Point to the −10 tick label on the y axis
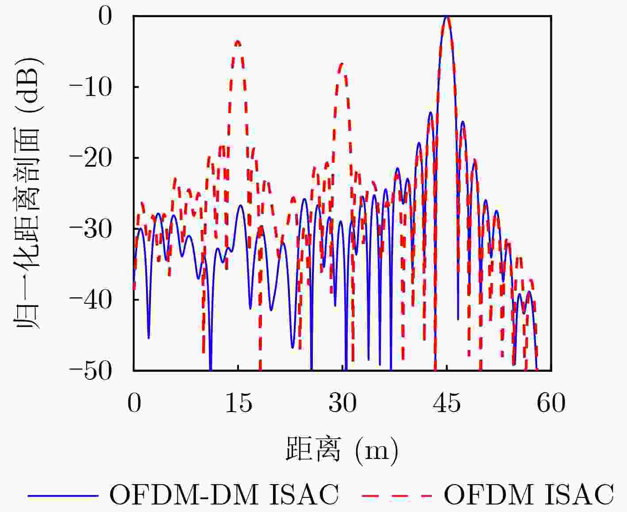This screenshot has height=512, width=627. point(91,87)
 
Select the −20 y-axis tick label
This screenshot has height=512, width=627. point(91,158)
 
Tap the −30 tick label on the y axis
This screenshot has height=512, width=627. point(91,229)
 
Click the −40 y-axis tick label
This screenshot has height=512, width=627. point(91,300)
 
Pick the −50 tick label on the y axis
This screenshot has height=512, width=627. point(91,371)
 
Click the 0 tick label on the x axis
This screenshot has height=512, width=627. point(134,403)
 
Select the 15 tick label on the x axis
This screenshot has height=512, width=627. point(238,403)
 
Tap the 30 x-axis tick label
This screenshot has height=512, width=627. point(342,403)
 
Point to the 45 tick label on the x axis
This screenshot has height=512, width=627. point(447,403)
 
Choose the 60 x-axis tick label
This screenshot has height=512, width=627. point(551,403)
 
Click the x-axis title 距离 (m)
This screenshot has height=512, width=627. point(342,450)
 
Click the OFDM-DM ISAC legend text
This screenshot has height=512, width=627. point(224,494)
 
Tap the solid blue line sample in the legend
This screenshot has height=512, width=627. point(63,495)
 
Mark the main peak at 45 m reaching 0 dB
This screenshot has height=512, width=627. point(447,18)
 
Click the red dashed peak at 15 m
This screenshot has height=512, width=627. point(238,42)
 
